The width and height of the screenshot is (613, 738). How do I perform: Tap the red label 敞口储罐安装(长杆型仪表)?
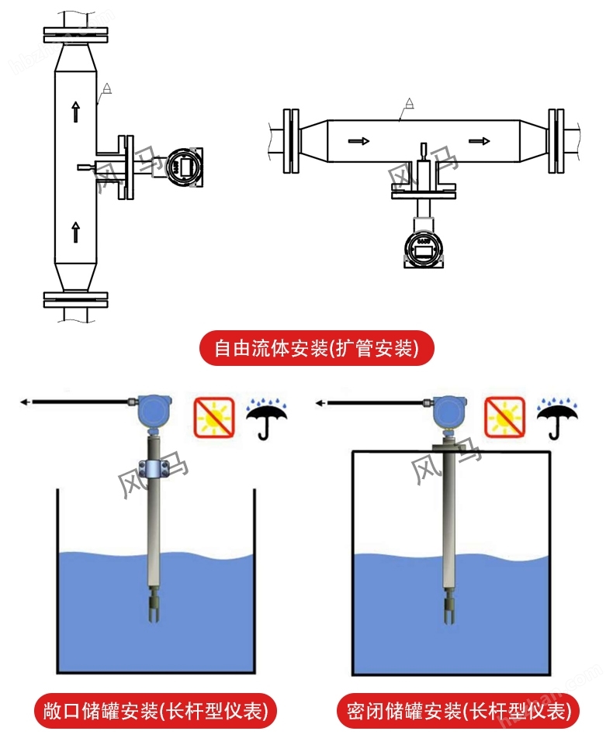156,709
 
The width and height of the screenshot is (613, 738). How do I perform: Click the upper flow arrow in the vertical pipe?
75,112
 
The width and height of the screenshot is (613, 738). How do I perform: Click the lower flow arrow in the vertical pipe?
75,231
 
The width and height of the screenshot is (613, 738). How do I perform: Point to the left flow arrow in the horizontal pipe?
358,141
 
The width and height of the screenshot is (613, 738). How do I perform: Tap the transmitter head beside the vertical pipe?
185,165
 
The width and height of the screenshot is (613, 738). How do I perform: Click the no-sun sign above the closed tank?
504,416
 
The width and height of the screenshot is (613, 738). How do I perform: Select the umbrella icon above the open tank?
265,419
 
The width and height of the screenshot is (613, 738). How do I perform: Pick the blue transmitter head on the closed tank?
448,410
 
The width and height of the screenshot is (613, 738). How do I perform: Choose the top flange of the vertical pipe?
75,35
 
